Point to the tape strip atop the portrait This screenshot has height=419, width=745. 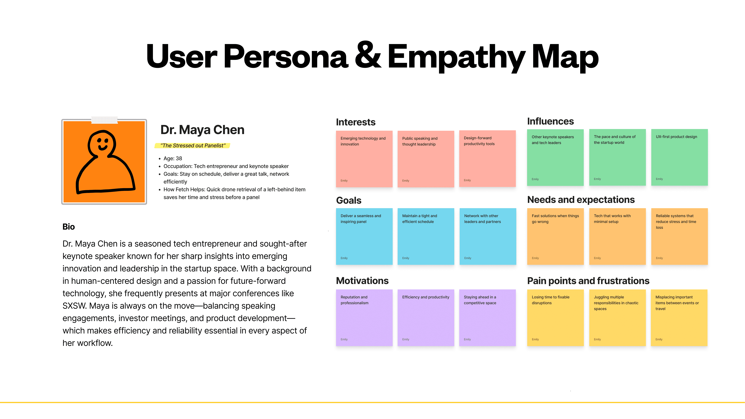point(104,120)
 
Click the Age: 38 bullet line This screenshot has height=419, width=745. point(173,159)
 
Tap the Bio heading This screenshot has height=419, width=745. point(69,227)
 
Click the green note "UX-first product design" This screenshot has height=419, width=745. point(679,157)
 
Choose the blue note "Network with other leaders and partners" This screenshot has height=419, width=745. point(488,236)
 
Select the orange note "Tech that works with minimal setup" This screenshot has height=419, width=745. point(617,236)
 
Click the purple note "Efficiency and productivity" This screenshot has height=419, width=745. point(426,317)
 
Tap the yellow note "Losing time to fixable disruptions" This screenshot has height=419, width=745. point(555,317)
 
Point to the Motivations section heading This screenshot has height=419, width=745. point(362,281)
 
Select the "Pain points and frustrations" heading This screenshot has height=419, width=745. point(588,281)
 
